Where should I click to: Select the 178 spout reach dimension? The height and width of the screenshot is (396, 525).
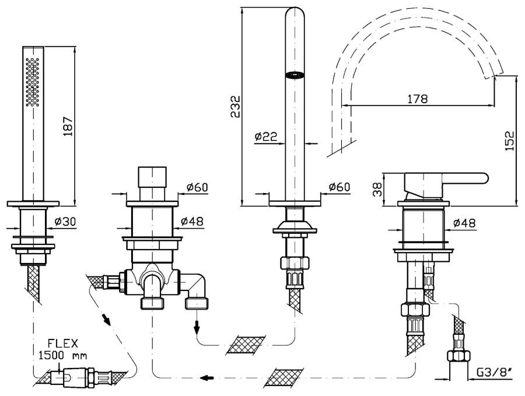point(418,99)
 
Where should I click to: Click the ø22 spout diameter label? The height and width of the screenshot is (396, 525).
point(265,136)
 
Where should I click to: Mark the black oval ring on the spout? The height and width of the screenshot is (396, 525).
point(296,74)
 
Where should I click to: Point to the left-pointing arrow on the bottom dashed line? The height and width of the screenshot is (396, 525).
point(206,377)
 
